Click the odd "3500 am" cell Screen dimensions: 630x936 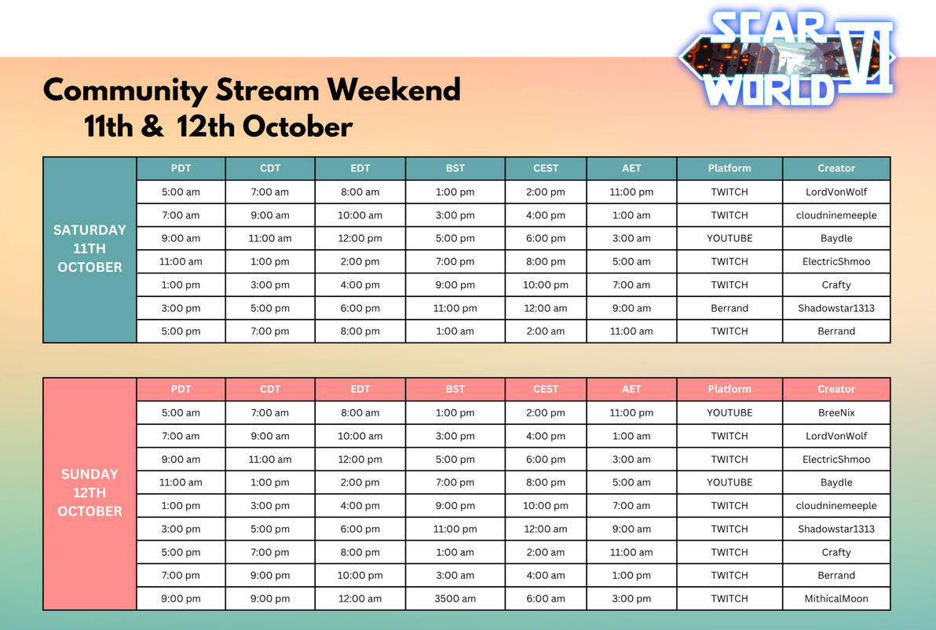(x=455, y=599)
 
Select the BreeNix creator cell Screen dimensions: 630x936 (x=836, y=412)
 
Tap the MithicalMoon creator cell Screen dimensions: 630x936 (x=836, y=599)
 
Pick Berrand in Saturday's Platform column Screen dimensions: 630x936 (x=729, y=308)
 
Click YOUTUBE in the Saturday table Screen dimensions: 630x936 (x=729, y=238)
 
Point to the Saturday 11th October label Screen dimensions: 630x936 (x=90, y=248)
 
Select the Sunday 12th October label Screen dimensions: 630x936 (x=90, y=493)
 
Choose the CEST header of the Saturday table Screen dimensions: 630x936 (x=546, y=168)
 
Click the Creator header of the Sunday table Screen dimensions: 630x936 (x=836, y=389)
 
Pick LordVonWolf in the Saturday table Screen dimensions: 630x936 (x=836, y=192)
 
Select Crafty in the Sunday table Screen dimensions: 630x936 (x=836, y=552)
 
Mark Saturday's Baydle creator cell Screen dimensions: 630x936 (x=836, y=238)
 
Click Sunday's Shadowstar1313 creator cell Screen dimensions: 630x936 (x=836, y=529)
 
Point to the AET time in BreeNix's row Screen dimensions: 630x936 (x=631, y=412)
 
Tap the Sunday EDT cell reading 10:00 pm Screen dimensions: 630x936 (x=360, y=575)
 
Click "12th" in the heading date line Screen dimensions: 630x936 (x=207, y=126)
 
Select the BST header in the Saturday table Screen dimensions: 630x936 (x=455, y=168)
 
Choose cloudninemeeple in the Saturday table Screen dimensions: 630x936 (x=836, y=215)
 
